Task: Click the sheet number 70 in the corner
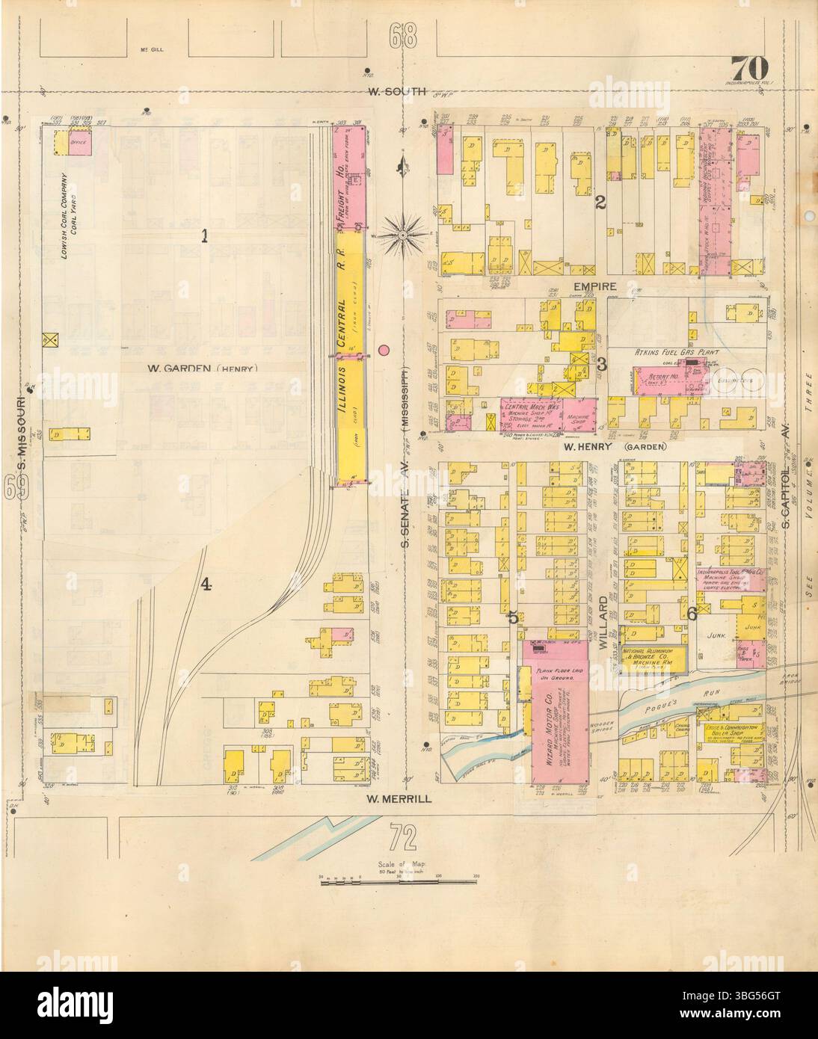click(748, 67)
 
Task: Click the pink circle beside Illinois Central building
click(384, 349)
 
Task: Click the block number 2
click(600, 201)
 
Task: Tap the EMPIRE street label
click(595, 286)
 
